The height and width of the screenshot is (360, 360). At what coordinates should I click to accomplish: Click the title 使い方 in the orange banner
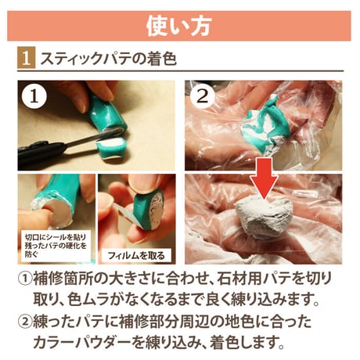(x=178, y=26)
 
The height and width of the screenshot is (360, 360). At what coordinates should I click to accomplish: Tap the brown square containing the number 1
(x=26, y=58)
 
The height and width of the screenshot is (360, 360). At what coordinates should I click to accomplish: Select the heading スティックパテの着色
(x=109, y=59)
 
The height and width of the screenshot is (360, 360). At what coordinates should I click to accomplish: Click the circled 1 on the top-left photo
(x=34, y=96)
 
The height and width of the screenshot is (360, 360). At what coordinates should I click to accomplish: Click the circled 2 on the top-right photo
(x=203, y=96)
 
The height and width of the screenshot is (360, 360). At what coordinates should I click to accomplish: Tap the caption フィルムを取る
(x=136, y=255)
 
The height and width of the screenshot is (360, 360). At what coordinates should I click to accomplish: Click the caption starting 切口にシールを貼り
(x=56, y=246)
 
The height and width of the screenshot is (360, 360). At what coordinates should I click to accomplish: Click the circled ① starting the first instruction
(x=25, y=279)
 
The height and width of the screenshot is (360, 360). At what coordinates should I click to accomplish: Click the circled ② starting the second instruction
(x=25, y=322)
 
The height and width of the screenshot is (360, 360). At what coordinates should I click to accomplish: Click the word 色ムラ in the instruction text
(x=87, y=300)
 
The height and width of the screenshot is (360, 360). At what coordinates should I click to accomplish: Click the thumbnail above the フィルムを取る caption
(x=137, y=218)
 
